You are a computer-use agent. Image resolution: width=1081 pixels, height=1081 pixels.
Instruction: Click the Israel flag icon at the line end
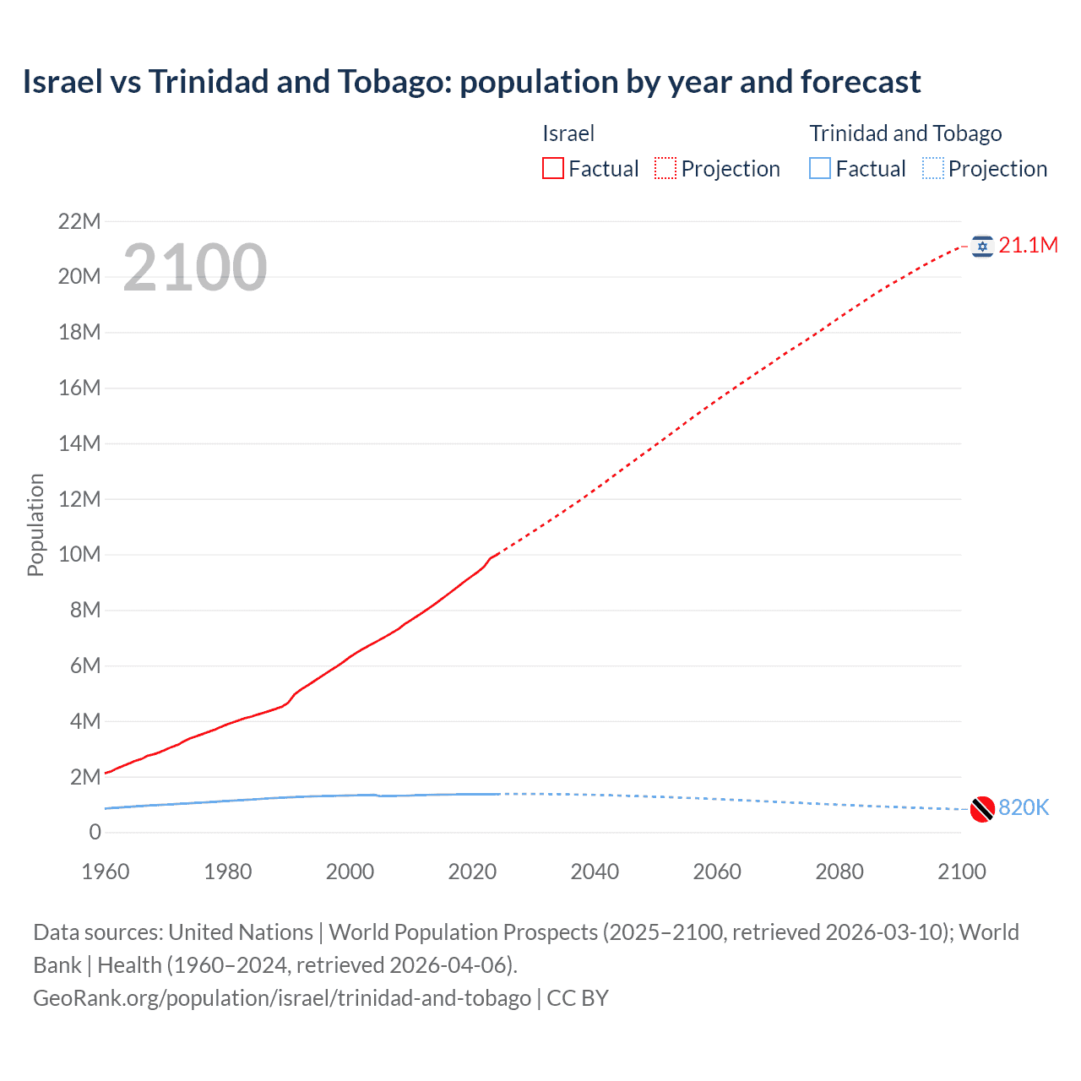(x=982, y=246)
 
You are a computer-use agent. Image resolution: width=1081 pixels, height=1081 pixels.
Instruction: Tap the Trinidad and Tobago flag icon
(x=982, y=809)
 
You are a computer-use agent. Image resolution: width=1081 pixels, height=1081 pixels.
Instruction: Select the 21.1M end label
(x=1028, y=246)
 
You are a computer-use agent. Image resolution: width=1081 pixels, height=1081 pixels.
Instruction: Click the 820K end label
(x=1024, y=808)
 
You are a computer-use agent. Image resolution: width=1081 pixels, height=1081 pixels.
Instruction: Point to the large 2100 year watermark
(x=195, y=268)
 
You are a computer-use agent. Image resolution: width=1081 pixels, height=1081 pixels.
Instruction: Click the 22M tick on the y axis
(x=79, y=222)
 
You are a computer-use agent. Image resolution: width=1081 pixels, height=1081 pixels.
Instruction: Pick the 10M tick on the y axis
(x=79, y=555)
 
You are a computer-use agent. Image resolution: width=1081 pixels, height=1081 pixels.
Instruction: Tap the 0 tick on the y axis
(x=95, y=833)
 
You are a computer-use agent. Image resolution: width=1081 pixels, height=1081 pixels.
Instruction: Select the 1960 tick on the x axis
(x=106, y=872)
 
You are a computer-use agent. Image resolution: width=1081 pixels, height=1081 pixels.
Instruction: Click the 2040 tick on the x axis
(x=595, y=872)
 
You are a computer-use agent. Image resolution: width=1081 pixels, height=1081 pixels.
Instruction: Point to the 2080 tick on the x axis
(x=839, y=872)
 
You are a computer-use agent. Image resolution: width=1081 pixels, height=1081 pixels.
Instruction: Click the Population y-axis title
(x=35, y=525)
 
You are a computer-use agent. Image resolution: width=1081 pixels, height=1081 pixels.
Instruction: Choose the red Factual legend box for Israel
(x=553, y=169)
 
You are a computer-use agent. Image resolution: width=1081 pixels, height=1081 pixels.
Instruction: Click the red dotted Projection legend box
(x=665, y=169)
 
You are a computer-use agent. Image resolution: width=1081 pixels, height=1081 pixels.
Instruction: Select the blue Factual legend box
(x=820, y=169)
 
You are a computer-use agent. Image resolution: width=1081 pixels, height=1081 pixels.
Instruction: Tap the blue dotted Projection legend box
(x=933, y=169)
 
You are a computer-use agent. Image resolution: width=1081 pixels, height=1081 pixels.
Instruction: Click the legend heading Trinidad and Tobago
(x=905, y=133)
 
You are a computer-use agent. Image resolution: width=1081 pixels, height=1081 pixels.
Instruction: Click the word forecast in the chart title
(x=861, y=82)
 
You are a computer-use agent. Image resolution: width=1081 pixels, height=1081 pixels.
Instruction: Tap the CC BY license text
(x=578, y=998)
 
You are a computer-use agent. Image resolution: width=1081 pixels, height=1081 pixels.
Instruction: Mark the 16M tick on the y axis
(x=79, y=388)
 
